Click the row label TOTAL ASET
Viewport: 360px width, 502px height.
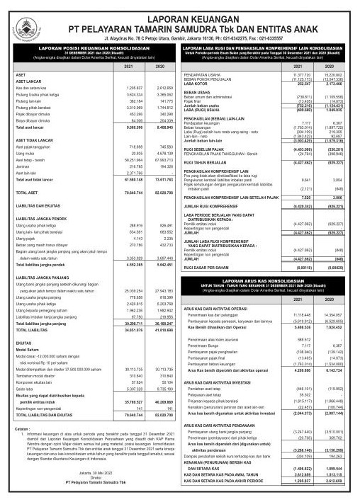tap(28, 192)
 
